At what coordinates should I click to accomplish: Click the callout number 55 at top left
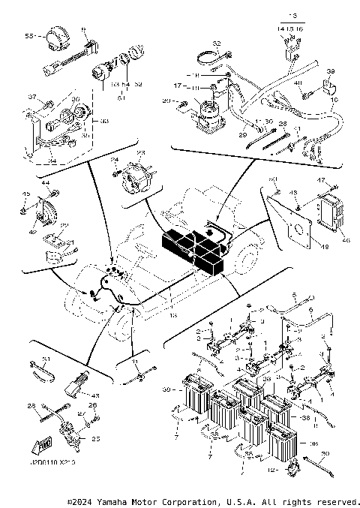[29, 35]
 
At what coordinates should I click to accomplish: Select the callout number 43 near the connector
[96, 395]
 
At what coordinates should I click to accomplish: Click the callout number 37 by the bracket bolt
[31, 97]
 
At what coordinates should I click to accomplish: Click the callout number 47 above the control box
[322, 181]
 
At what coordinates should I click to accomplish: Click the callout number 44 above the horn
[45, 183]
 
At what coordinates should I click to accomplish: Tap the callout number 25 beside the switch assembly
[95, 440]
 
